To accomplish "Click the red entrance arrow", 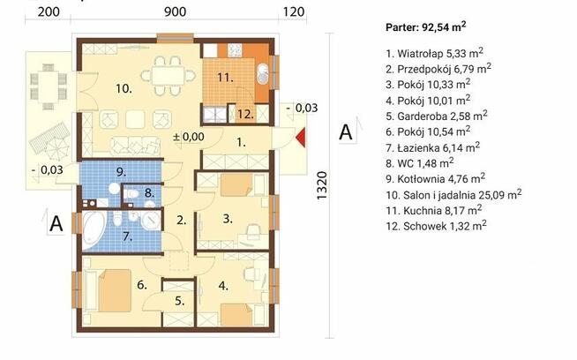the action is click(301, 138).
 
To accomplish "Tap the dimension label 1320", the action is click(321, 185).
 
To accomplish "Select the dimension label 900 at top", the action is click(176, 11).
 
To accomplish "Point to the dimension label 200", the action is click(49, 11).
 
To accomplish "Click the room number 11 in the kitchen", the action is click(225, 78).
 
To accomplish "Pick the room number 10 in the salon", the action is click(124, 88).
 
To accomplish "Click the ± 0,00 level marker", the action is click(189, 137).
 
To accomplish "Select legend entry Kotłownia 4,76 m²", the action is click(435, 178).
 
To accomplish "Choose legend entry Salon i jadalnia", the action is click(453, 194).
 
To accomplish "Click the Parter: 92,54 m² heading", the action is click(426, 26).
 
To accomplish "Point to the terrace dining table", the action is click(48, 86).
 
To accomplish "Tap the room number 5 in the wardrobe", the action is click(179, 301).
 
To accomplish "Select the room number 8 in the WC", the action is click(149, 192).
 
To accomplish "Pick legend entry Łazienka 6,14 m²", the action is click(432, 147).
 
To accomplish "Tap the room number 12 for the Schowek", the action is click(245, 114).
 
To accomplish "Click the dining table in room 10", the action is click(168, 76).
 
